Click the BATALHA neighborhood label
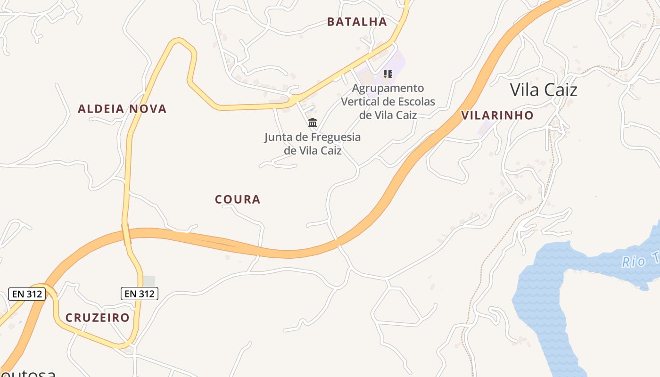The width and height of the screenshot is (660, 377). [x=357, y=22]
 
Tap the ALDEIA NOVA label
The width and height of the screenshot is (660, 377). [x=122, y=109]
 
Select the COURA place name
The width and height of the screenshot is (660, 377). [x=238, y=199]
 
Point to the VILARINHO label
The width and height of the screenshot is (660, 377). [x=497, y=115]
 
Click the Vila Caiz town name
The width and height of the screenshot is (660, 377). [x=544, y=90]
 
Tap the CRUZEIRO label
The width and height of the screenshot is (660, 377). [x=98, y=318]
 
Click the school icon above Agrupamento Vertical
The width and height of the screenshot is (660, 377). [x=388, y=74]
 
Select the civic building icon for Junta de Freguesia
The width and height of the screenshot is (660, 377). [x=312, y=123]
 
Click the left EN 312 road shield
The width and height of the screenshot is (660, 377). [x=27, y=294]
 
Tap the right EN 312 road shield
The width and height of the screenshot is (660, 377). [x=140, y=294]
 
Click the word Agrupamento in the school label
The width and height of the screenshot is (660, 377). [x=388, y=88]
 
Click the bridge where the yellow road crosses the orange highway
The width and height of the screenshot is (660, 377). [x=126, y=234]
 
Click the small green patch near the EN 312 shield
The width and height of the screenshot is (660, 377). [x=149, y=281]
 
